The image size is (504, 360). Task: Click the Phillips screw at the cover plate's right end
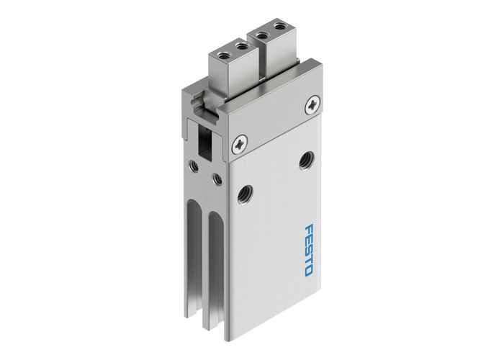click(x=310, y=104)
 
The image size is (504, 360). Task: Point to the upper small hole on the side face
click(x=194, y=166)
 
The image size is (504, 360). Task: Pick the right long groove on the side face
click(x=213, y=277)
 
